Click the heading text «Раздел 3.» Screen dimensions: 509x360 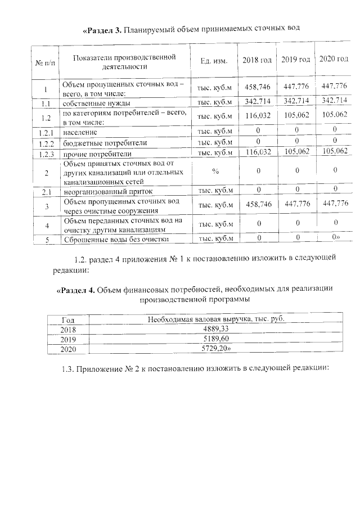(102, 29)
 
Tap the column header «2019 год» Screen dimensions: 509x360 (296, 60)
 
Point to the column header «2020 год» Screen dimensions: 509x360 (334, 60)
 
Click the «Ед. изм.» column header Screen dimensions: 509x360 (213, 61)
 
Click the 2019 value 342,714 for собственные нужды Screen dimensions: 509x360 (296, 101)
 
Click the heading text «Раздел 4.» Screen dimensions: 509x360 (76, 290)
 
